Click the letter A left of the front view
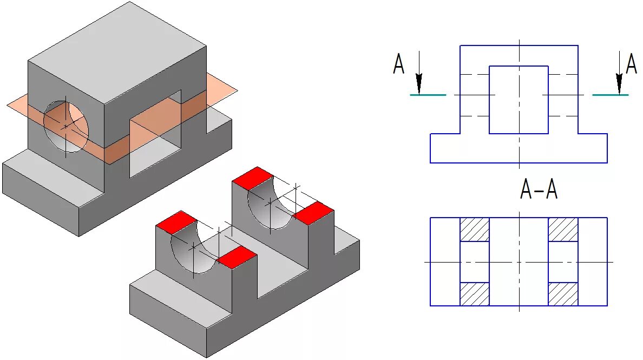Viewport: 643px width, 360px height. pos(399,63)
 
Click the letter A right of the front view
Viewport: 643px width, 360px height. pos(631,63)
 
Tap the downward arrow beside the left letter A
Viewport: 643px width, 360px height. pos(418,76)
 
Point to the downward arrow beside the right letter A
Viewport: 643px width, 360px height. pos(619,76)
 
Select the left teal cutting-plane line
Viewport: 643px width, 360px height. pos(428,95)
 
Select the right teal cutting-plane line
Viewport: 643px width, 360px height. pos(611,95)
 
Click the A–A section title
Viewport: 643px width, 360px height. pos(538,190)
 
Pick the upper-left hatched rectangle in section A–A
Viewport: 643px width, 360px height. pos(475,230)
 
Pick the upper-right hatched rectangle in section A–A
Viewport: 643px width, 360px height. pos(563,230)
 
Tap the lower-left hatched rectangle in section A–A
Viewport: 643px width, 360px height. pos(475,294)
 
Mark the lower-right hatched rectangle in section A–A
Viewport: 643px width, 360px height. pos(563,294)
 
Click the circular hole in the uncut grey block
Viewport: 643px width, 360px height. pos(66,126)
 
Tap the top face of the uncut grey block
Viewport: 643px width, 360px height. pos(116,51)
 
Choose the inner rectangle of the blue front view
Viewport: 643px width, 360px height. pos(519,100)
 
